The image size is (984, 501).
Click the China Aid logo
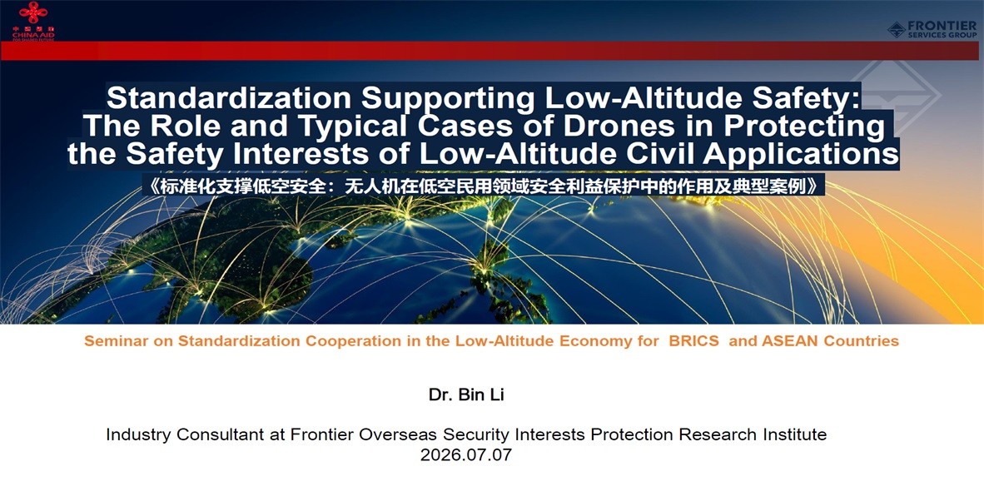point(33,21)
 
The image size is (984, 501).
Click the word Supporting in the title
point(450,99)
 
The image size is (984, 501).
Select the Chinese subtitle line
point(483,186)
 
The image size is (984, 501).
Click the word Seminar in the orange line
point(109,341)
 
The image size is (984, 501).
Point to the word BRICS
point(694,341)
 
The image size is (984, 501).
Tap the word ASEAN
point(789,341)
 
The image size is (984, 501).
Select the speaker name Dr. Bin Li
point(466,395)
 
